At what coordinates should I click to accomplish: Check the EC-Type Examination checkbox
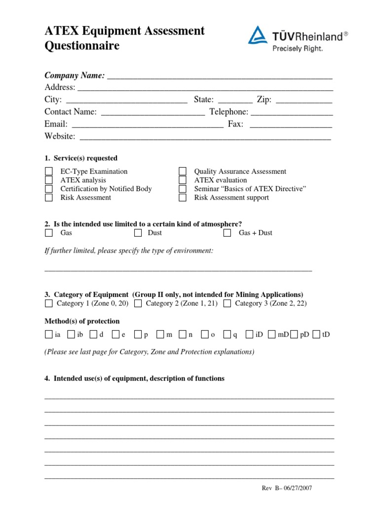click(49, 171)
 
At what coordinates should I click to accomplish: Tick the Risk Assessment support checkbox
click(183, 198)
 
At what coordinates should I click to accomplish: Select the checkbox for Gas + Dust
click(227, 233)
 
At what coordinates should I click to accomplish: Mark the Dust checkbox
click(138, 233)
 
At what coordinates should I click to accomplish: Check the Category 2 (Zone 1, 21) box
click(138, 303)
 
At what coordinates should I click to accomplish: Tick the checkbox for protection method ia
click(48, 335)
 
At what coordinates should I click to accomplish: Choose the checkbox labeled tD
click(316, 335)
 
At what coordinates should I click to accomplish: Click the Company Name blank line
click(220, 77)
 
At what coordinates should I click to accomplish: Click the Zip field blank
click(303, 101)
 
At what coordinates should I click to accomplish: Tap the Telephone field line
click(291, 114)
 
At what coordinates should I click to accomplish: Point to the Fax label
click(235, 124)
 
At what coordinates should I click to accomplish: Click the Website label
click(60, 136)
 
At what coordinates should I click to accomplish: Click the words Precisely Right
click(298, 48)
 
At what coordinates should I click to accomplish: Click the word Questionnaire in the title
click(82, 46)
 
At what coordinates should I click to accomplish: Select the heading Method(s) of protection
click(82, 321)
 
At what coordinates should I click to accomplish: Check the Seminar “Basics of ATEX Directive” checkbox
click(183, 189)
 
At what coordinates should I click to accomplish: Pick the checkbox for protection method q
click(227, 335)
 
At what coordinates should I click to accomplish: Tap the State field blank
click(235, 101)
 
